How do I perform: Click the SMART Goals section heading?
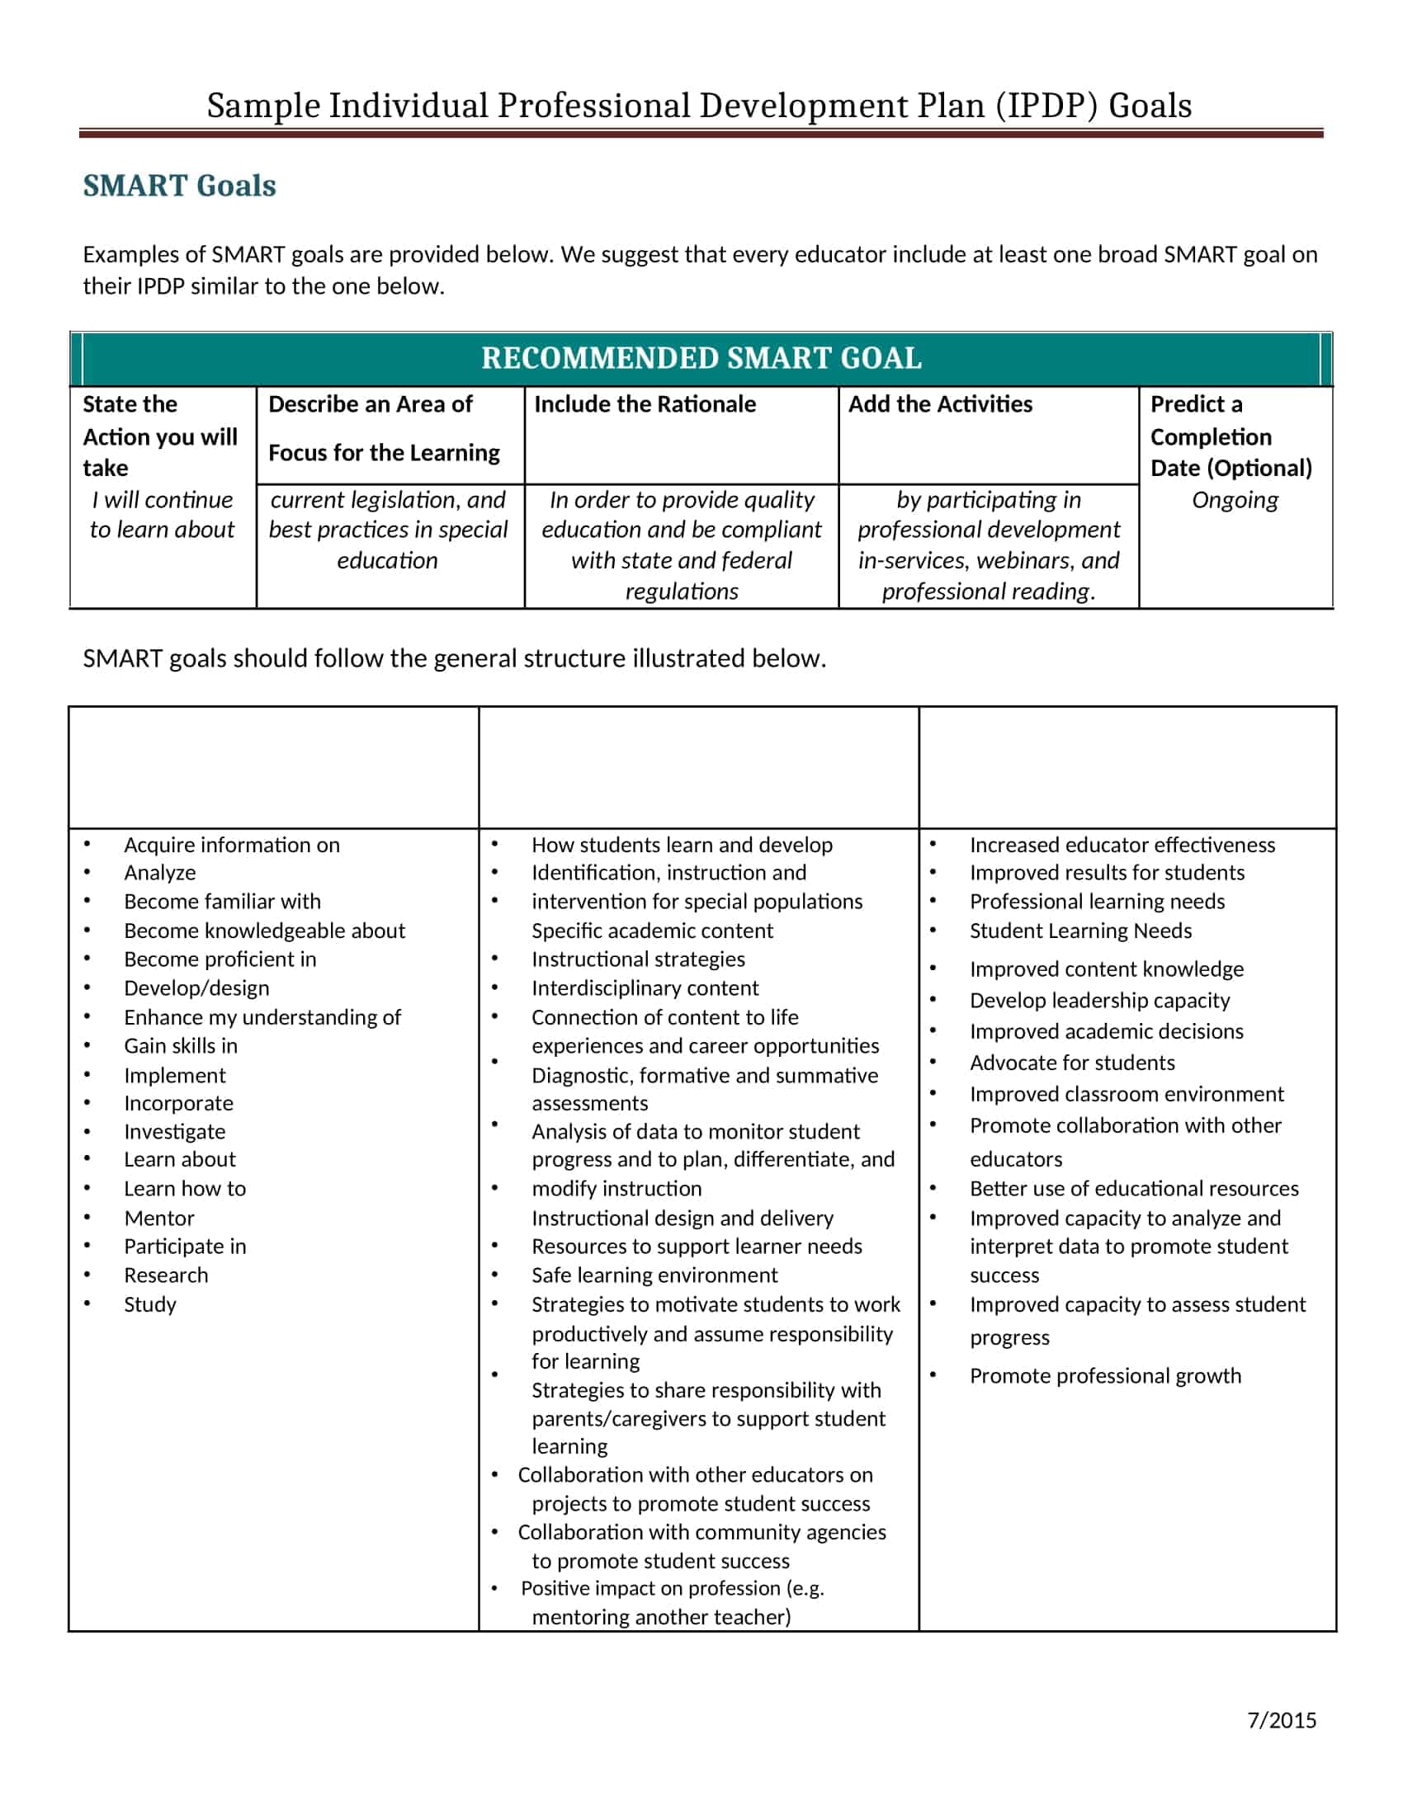(x=179, y=186)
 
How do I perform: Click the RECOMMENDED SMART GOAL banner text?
(x=701, y=358)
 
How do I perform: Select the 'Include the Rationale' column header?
(x=645, y=405)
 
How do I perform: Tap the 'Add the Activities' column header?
(x=939, y=405)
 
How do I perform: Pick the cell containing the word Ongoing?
(x=1235, y=500)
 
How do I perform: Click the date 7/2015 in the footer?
(x=1281, y=1720)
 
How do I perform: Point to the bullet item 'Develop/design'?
(x=196, y=988)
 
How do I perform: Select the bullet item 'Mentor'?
(x=158, y=1219)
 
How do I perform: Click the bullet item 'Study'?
(x=149, y=1305)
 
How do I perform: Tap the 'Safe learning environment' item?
(x=654, y=1275)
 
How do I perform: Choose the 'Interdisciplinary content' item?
(x=645, y=988)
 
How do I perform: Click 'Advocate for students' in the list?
(x=1071, y=1063)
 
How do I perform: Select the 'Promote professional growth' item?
(x=1104, y=1376)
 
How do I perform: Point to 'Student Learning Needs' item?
(x=1079, y=931)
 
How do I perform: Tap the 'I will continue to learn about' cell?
(x=162, y=516)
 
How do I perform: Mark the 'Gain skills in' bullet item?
(x=181, y=1046)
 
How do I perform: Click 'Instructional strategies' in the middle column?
(x=637, y=959)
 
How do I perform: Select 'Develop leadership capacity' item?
(x=1098, y=1001)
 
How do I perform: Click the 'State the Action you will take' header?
(x=158, y=436)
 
